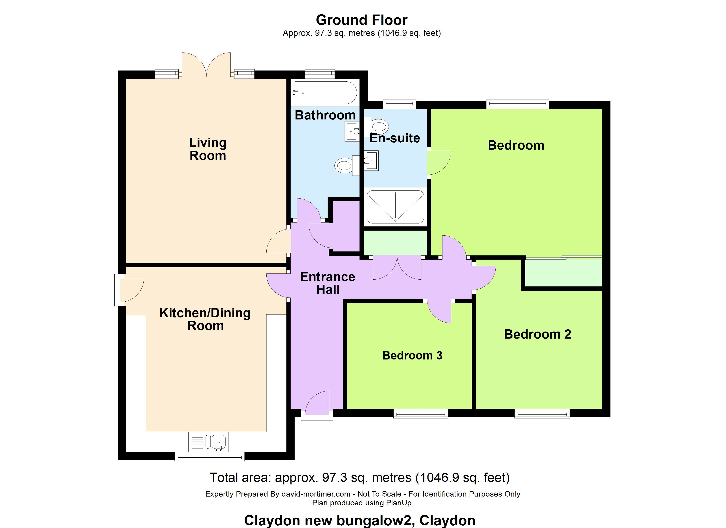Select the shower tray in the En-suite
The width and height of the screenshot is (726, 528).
coord(395,207)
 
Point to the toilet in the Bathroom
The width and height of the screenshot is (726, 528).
coord(347,165)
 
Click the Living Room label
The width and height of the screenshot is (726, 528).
coord(208,149)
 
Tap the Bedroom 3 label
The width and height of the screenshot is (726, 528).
coord(412,356)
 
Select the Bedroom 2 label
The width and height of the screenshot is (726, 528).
coord(537,334)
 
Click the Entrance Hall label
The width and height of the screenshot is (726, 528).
coord(327,283)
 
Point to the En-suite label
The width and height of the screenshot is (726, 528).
coord(395,138)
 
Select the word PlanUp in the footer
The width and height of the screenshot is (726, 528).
coord(399,503)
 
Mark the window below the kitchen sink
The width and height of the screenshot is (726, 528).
coord(210,456)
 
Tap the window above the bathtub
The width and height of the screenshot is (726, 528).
coord(319,74)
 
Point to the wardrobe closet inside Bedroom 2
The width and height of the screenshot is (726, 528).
coord(564,272)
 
